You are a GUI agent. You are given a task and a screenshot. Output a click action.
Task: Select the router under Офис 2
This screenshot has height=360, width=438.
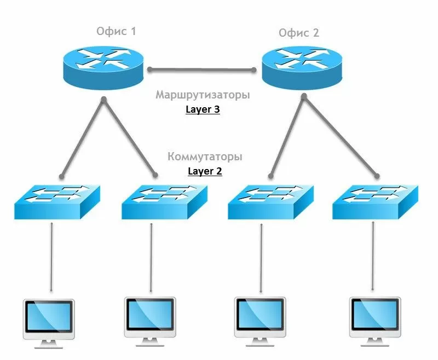[302, 68]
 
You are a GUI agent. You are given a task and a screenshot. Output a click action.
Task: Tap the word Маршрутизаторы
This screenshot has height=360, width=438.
[203, 95]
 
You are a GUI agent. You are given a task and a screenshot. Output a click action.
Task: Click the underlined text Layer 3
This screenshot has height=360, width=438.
[203, 109]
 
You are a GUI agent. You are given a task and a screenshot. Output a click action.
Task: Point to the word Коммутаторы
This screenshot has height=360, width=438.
[205, 157]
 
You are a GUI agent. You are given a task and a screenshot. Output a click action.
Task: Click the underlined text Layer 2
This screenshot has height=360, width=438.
[205, 171]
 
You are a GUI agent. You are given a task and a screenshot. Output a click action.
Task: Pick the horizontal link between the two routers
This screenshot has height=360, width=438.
[202, 69]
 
